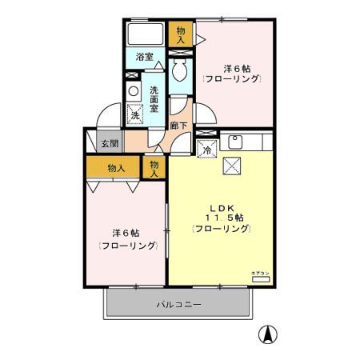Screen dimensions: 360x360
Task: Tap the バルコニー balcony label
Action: (178, 305)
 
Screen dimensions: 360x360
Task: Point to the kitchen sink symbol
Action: (237, 143)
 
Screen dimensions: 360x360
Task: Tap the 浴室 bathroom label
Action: (144, 57)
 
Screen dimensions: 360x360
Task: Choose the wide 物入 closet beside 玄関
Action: (115, 168)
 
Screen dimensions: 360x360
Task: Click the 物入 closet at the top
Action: (180, 34)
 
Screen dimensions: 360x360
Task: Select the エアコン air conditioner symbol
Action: (262, 279)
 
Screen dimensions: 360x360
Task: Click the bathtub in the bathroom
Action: (145, 34)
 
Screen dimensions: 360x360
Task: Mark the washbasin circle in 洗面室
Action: (133, 90)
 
